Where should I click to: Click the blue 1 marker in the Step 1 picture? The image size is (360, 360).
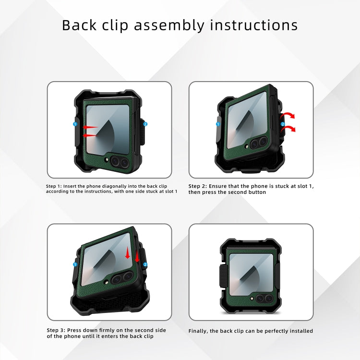coord(75,124)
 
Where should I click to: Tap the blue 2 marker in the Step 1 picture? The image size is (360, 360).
coord(145,124)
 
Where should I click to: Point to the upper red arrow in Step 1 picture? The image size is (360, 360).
coord(90,128)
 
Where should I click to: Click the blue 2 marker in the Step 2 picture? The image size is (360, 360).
coord(283,124)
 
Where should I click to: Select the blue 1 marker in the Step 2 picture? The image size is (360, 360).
coord(217,124)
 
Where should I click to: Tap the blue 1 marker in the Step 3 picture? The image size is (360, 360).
coord(75,264)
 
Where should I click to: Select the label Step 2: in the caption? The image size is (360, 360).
coord(197,186)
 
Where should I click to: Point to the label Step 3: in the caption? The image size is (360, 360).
coord(55,330)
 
